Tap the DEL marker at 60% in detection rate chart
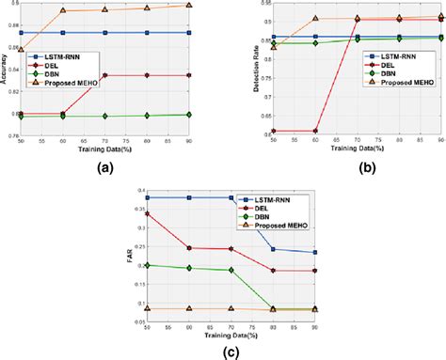[x=315, y=131]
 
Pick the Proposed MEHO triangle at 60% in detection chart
[x=315, y=19]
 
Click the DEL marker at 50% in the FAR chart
[x=146, y=213]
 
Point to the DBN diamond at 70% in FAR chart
[x=231, y=270]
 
